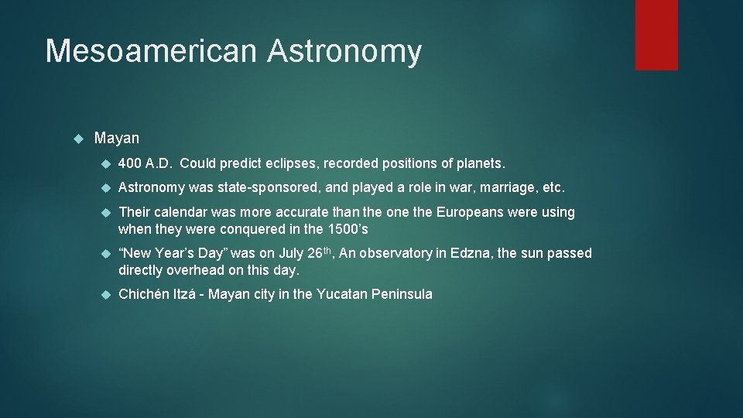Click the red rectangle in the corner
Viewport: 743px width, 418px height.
pyautogui.click(x=656, y=35)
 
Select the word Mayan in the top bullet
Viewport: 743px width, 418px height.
pyautogui.click(x=117, y=139)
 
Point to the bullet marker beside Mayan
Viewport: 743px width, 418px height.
pyautogui.click(x=77, y=139)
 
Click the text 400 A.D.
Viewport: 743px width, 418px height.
pyautogui.click(x=145, y=163)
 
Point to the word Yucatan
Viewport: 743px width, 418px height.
pyautogui.click(x=343, y=294)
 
